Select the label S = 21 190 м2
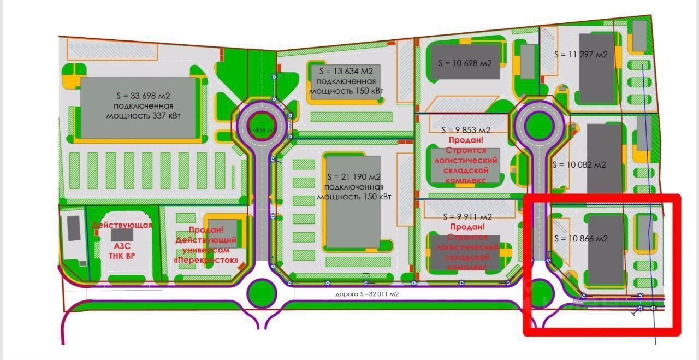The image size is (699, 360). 353,176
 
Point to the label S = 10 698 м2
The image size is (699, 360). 465,63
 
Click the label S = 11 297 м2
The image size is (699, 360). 580,54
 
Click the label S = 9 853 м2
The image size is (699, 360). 466,129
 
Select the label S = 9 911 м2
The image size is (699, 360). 467,216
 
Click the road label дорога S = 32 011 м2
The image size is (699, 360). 367,294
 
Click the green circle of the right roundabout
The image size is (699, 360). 539,125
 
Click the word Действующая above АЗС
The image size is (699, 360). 122,225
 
